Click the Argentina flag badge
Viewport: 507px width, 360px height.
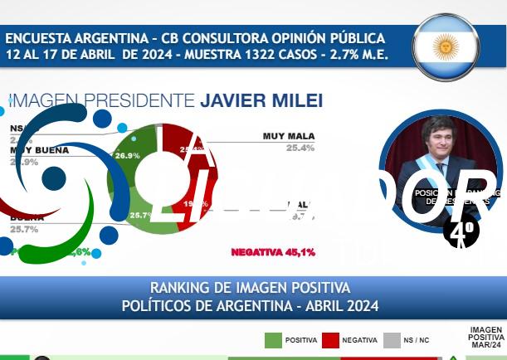pyautogui.click(x=446, y=46)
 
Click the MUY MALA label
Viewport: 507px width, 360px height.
pyautogui.click(x=289, y=135)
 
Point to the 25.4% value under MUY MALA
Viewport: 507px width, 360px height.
pyautogui.click(x=300, y=148)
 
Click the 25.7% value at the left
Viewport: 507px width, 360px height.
pyautogui.click(x=26, y=229)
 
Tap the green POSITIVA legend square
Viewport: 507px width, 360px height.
pyautogui.click(x=273, y=340)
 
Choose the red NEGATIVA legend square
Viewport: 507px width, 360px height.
pyautogui.click(x=331, y=340)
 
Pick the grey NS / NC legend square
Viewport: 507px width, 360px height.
pyautogui.click(x=392, y=340)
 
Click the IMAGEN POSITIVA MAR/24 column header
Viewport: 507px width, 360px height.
pyautogui.click(x=485, y=338)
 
